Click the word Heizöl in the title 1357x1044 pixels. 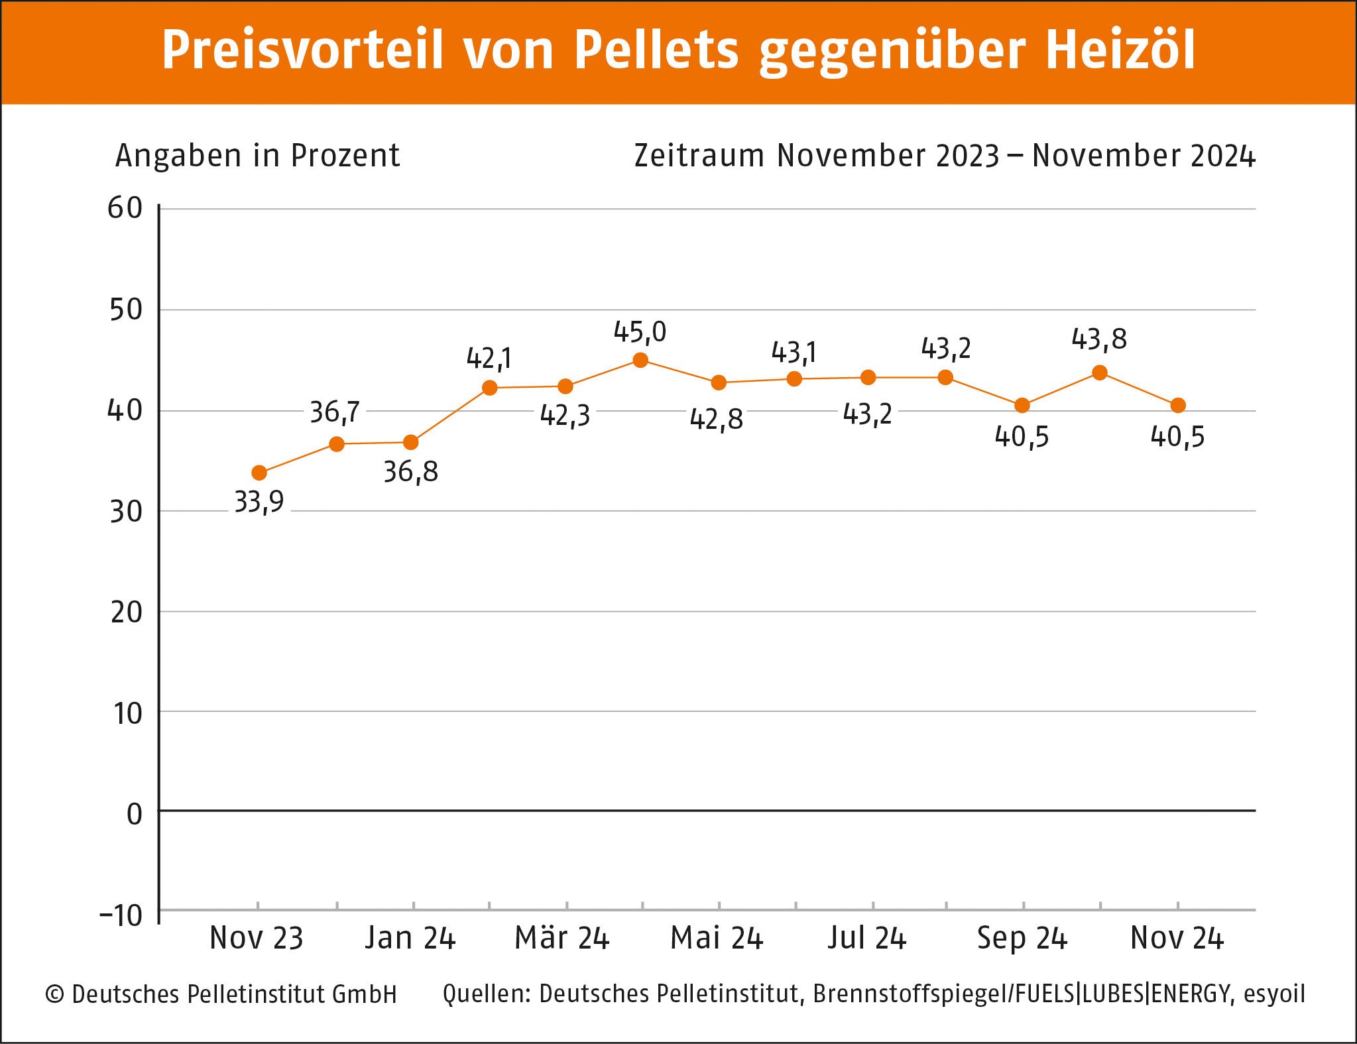[x=1120, y=50]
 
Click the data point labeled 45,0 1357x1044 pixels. [x=640, y=361]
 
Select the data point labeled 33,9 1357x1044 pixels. [x=259, y=473]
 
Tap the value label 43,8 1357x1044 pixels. [x=1098, y=339]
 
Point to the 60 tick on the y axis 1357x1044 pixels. [x=125, y=209]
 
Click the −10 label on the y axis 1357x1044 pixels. [x=121, y=916]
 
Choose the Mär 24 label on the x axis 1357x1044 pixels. [x=561, y=939]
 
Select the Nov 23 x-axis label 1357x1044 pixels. [x=257, y=939]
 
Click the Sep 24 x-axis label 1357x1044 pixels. [x=1022, y=939]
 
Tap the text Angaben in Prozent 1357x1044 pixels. [x=257, y=156]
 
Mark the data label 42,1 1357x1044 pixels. [x=489, y=359]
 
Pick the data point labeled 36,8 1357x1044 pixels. [x=410, y=442]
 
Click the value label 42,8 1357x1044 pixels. [x=716, y=420]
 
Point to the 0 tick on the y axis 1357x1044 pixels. [x=135, y=814]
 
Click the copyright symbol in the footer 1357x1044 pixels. [x=54, y=994]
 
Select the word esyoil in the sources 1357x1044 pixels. [x=1274, y=994]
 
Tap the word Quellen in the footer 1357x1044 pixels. [x=486, y=994]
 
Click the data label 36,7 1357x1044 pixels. [x=335, y=412]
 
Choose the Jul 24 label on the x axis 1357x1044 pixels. [x=866, y=939]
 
